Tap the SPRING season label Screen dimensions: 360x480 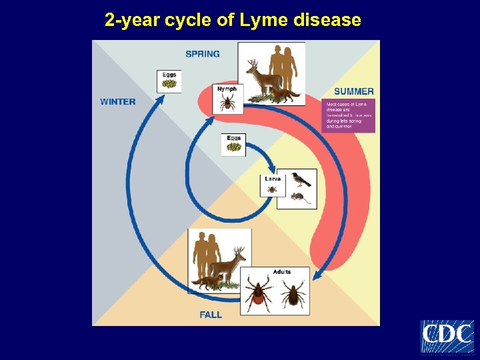202,54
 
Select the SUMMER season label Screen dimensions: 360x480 353,91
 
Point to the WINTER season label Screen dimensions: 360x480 117,102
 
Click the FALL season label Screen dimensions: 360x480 211,315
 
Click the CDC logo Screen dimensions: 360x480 447,336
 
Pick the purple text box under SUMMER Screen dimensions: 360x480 348,115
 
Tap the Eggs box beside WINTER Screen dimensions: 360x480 169,81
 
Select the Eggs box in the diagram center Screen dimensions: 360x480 233,145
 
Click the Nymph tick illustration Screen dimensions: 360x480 228,102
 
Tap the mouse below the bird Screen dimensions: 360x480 297,197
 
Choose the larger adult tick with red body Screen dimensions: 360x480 258,293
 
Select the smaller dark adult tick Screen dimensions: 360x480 293,293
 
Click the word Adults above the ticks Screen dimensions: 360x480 281,272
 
